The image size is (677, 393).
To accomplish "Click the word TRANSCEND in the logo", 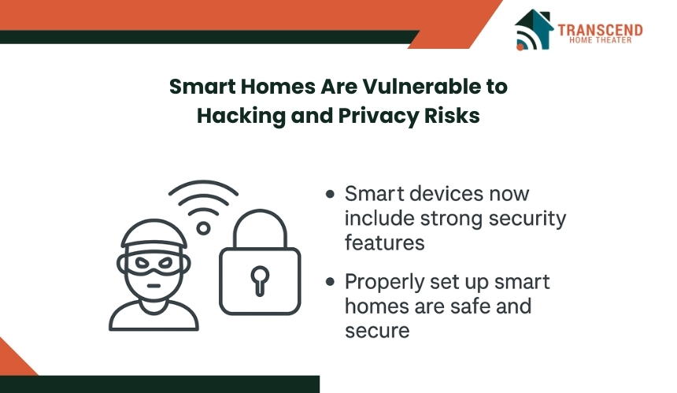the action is (600, 30).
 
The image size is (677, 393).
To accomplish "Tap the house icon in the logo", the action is (535, 29).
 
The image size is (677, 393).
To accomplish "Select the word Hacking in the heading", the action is (241, 116).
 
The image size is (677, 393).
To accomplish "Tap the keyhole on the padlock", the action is (260, 280).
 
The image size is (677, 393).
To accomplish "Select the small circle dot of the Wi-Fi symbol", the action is (203, 228).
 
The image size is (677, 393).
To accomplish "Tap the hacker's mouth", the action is (154, 285).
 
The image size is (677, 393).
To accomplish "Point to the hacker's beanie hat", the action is (154, 234).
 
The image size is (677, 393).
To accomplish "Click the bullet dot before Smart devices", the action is (331, 194).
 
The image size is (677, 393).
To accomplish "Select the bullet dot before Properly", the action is (331, 282).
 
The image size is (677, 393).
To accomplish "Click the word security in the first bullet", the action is (527, 219).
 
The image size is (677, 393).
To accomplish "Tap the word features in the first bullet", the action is (385, 243).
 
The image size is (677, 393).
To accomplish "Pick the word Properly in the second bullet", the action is (384, 283).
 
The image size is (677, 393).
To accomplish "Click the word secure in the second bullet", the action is (377, 332).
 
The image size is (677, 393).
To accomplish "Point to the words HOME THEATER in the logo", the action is (600, 40).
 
